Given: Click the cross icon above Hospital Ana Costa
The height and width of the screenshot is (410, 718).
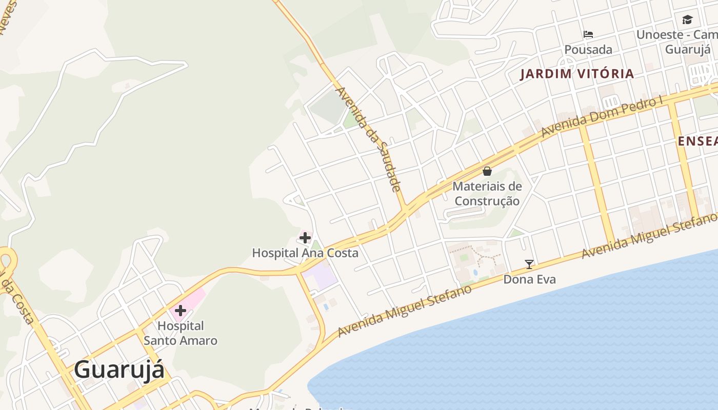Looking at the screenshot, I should (305, 238).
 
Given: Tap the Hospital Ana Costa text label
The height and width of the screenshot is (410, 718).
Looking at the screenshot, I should (305, 253).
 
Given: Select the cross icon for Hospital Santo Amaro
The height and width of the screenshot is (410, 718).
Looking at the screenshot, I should (181, 311).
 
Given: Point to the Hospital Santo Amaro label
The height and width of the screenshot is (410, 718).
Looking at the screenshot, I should (181, 333).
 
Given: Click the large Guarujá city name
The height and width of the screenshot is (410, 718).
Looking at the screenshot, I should (119, 370).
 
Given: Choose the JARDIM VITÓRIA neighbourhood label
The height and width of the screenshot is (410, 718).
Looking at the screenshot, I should (577, 74).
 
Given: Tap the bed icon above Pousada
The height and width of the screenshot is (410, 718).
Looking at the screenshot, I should (588, 34).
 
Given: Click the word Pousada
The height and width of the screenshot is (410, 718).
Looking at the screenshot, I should (588, 50).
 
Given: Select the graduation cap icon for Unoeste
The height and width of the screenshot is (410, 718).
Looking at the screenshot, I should (687, 20).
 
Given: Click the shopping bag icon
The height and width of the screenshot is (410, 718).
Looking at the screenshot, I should (487, 171).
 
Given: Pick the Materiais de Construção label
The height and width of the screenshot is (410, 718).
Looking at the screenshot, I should (487, 194).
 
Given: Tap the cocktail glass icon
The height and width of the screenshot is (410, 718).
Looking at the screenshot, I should (529, 264).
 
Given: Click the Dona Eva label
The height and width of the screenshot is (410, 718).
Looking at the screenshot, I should (529, 279).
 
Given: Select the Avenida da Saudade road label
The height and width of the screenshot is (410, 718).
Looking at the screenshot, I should (367, 139).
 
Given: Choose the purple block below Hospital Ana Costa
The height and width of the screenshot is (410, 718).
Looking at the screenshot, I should (320, 277).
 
